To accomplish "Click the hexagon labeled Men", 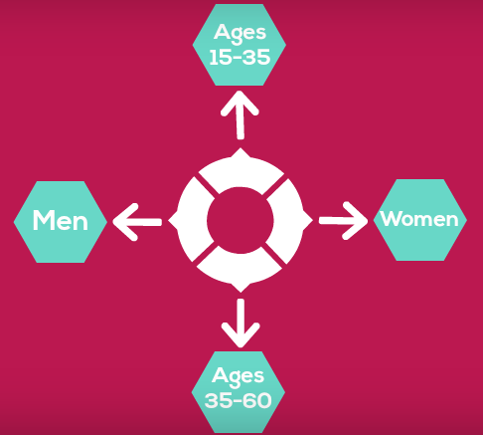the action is point(61,222).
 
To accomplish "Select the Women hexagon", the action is point(420,220).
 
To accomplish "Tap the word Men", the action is point(61,220).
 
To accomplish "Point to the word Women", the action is point(419,219).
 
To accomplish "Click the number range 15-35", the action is point(240,57).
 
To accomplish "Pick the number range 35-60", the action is point(239,400).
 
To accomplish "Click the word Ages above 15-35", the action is point(240,34).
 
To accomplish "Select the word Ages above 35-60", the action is point(238,376).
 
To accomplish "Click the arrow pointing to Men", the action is point(137,222).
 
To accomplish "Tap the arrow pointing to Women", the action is point(344,220).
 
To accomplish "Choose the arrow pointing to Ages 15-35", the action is point(240,115).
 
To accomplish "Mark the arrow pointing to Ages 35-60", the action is point(241,324).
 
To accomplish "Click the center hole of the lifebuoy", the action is point(241,220).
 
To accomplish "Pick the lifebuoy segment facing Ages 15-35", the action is point(241,172).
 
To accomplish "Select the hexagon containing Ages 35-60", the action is point(239,392).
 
